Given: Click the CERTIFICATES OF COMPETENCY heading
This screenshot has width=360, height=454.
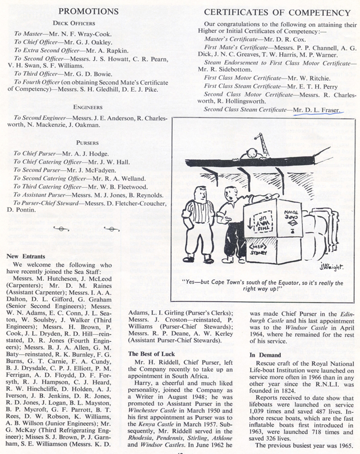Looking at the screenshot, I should [x=277, y=12].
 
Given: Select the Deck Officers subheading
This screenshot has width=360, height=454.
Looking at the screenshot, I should [x=74, y=23].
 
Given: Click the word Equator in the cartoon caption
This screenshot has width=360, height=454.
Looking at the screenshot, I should [x=280, y=283].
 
